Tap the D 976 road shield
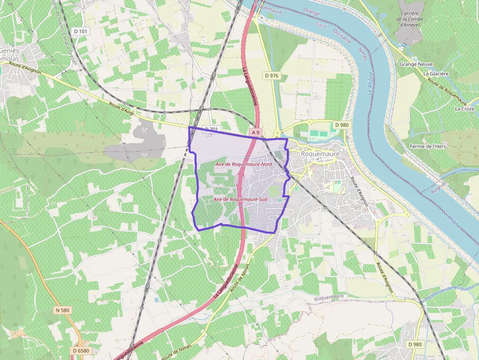[x=271, y=75]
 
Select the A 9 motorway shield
[x=256, y=132]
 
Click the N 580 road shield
[x=63, y=310]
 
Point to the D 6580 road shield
[x=81, y=350]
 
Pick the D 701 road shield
[x=211, y=129]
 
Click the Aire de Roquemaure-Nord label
[x=243, y=165]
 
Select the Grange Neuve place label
[x=414, y=64]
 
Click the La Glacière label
[x=436, y=74]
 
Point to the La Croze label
[x=464, y=108]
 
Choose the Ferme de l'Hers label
[x=428, y=146]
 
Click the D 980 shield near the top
[x=342, y=125]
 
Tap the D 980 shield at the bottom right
[x=414, y=344]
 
